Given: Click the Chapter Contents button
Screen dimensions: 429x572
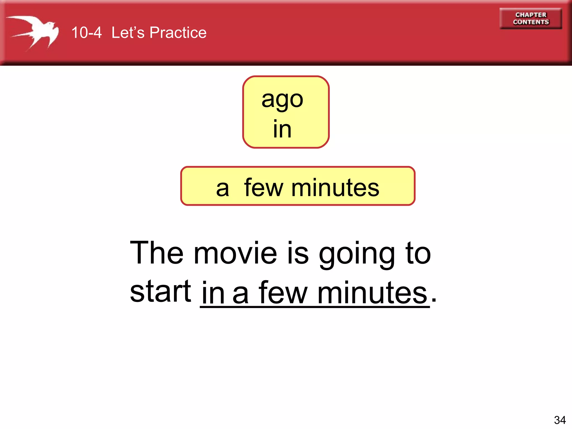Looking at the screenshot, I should (531, 18).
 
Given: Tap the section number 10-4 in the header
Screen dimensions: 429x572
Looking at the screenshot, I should (86, 33).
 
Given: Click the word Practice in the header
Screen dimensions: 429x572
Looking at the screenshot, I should (178, 33).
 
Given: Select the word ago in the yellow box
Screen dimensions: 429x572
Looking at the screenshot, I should (282, 100).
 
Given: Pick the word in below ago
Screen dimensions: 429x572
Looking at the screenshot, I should (282, 129).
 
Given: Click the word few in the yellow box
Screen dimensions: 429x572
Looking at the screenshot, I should (264, 188).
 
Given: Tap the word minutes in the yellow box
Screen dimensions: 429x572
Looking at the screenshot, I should (335, 188).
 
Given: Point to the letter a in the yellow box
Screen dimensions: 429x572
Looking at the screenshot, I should (222, 189).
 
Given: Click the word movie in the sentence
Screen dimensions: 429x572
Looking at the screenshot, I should (235, 253).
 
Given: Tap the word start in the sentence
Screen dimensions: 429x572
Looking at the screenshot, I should (161, 292).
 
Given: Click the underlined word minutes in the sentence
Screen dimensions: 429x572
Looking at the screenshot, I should (372, 293).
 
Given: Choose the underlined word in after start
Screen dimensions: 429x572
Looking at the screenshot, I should (213, 293).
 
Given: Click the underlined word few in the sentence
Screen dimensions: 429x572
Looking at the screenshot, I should (283, 293).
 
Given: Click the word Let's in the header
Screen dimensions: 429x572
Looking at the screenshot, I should (128, 33).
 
